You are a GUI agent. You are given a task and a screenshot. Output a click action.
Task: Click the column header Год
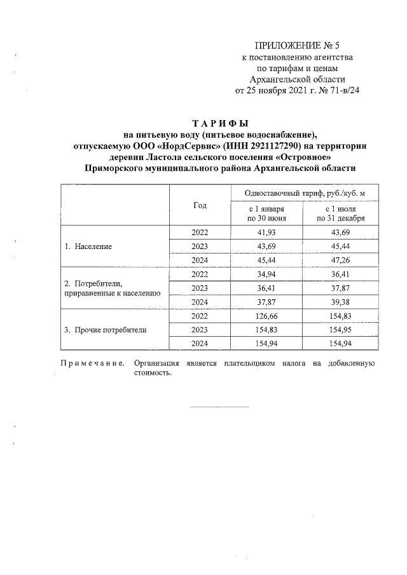[200, 205]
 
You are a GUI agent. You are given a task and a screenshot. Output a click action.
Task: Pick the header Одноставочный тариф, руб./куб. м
[302, 193]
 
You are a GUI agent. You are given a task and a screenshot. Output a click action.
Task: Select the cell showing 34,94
[266, 274]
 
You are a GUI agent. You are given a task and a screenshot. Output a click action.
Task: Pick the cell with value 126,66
[266, 316]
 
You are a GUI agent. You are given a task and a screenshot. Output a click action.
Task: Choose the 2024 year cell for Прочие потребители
[200, 344]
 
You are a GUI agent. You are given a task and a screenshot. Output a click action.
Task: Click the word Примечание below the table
[91, 363]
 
